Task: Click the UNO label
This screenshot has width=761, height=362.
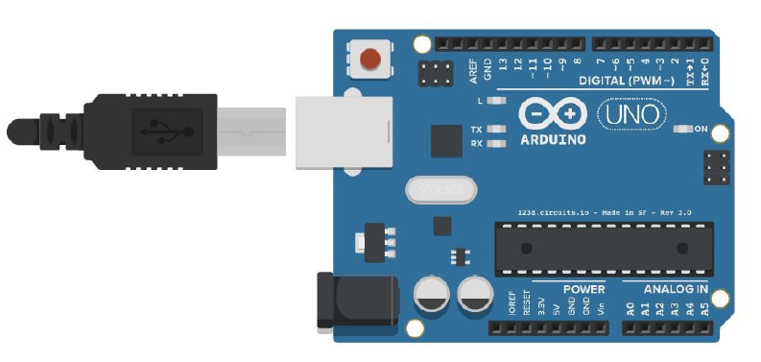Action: [x=630, y=115]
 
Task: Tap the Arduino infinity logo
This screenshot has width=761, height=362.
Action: [x=552, y=114]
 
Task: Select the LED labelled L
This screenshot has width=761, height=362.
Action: [x=496, y=100]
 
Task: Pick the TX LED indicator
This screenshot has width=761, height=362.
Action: [x=496, y=130]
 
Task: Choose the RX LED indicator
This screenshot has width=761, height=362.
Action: [x=496, y=144]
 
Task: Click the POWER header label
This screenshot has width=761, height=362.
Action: [x=583, y=289]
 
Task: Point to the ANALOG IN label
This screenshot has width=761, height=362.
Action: [x=676, y=289]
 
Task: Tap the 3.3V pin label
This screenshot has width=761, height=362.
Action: [x=541, y=308]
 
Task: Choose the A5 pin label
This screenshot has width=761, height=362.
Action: [x=704, y=308]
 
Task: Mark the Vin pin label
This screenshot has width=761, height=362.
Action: [x=601, y=308]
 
